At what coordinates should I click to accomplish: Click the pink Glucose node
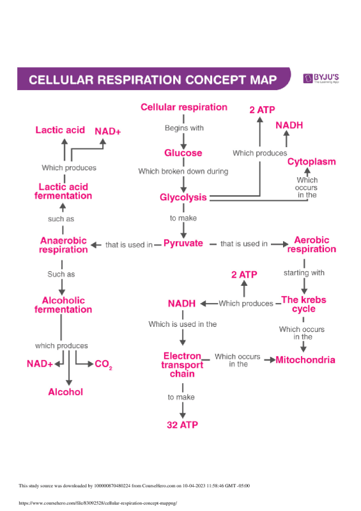tap(183, 153)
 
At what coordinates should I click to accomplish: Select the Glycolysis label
tap(183, 198)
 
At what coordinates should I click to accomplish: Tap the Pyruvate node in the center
tap(183, 244)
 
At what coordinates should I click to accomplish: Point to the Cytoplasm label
tap(311, 162)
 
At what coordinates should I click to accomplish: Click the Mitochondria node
tap(305, 360)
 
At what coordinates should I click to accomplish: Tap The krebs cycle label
tap(299, 304)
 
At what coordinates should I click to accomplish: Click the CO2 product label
tap(103, 365)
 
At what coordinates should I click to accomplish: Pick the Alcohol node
tap(66, 392)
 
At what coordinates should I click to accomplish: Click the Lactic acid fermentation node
tap(63, 191)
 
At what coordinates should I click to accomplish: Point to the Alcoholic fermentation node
tap(63, 305)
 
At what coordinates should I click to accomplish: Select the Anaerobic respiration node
tap(63, 245)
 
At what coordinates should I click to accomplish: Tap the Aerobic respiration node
tap(311, 245)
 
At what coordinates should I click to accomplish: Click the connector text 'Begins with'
tap(184, 128)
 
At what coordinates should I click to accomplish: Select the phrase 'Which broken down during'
tap(183, 171)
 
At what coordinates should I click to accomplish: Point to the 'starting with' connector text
tap(304, 273)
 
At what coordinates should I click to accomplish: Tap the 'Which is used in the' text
tap(183, 324)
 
